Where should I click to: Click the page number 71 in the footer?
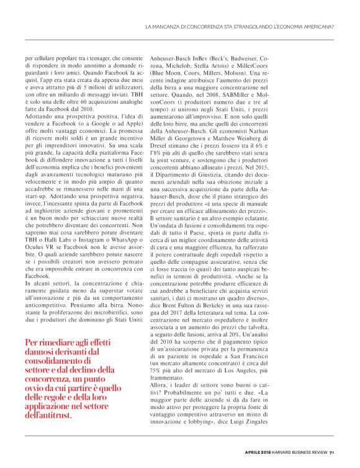[332, 452]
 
